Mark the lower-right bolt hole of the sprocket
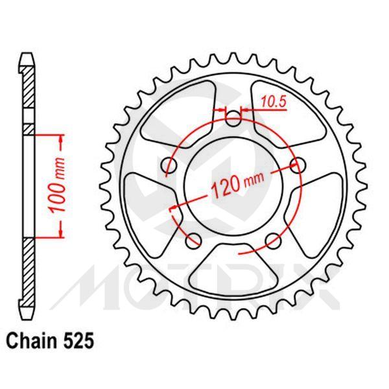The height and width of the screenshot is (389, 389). pyautogui.click(x=273, y=241)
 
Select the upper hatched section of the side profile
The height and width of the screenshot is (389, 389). pyautogui.click(x=27, y=97)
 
